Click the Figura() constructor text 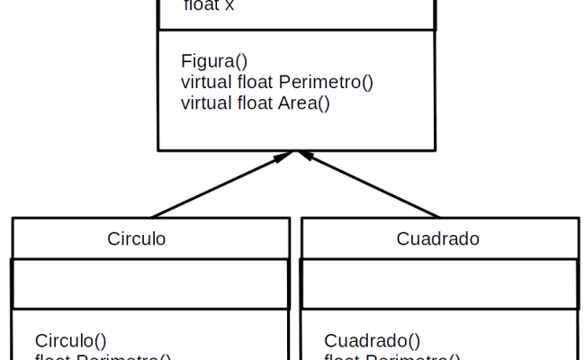coord(212,62)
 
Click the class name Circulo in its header coord(137,238)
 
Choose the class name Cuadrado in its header coord(437,238)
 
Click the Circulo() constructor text coord(70,340)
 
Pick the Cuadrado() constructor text coord(372,340)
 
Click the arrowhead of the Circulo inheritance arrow coord(285,157)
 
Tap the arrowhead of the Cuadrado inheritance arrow coord(306,157)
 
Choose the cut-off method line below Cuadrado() coord(391,357)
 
